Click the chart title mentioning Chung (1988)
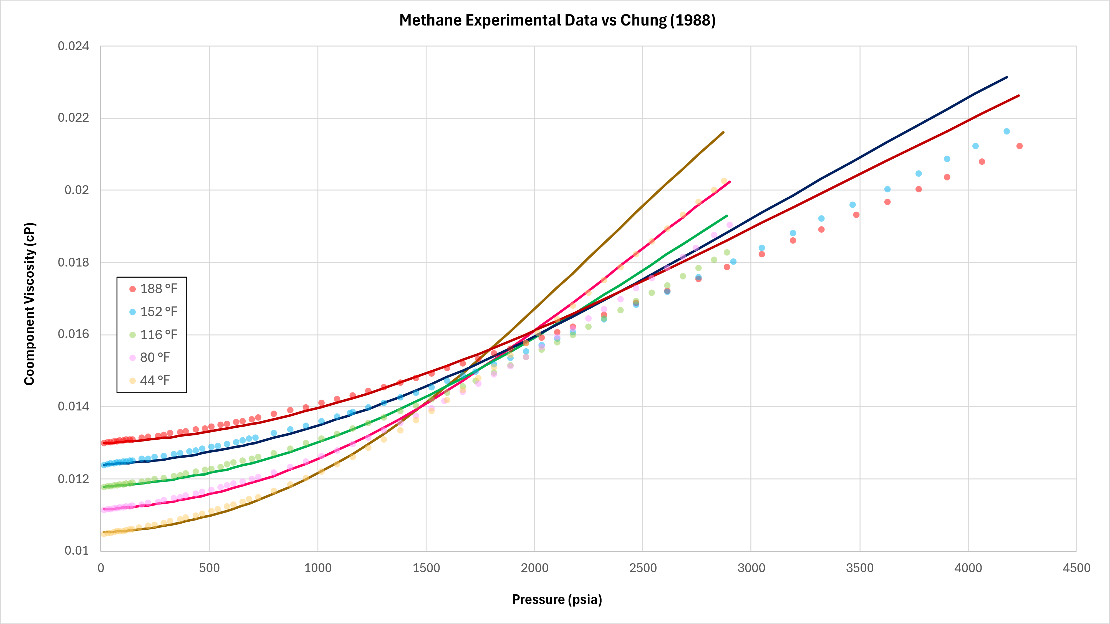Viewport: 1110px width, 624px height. click(557, 20)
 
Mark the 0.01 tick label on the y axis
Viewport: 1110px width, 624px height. click(77, 550)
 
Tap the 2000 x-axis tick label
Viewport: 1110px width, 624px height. click(534, 568)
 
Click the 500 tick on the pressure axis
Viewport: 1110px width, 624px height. click(210, 568)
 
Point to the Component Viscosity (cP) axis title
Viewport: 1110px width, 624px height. click(29, 304)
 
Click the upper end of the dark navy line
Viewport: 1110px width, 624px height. click(1006, 78)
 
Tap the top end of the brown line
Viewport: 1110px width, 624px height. click(723, 132)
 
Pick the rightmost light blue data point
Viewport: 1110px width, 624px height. click(1006, 131)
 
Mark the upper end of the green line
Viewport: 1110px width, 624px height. click(727, 216)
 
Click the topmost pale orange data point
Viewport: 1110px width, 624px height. click(724, 181)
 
